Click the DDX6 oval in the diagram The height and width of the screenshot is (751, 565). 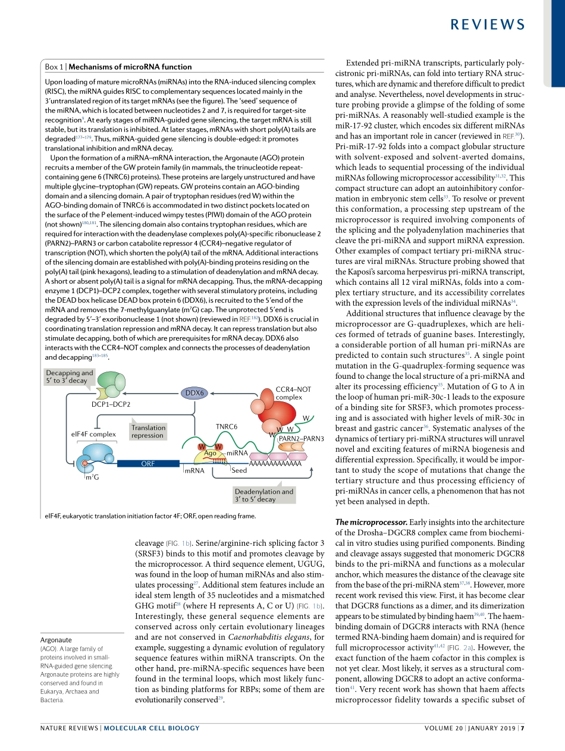click(194, 393)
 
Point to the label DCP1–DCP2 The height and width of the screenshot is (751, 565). click(111, 404)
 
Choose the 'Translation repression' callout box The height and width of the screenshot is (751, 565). click(148, 431)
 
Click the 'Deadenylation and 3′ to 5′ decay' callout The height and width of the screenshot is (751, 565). click(264, 495)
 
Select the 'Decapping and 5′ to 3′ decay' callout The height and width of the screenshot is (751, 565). click(70, 377)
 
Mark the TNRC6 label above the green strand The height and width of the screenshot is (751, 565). click(226, 427)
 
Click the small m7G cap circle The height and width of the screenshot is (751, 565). click(85, 462)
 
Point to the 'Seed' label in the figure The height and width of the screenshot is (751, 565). click(239, 470)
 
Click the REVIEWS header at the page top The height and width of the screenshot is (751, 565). click(487, 24)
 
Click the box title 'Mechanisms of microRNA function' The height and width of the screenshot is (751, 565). click(130, 67)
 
